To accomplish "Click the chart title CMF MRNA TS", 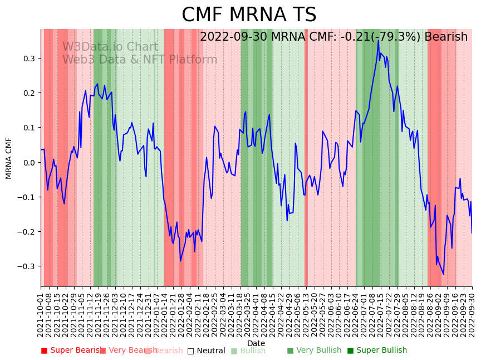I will [x=249, y=15].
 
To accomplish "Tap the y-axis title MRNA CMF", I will [x=9, y=158].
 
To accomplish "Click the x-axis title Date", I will [x=256, y=343].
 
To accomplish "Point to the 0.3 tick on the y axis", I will [x=29, y=59].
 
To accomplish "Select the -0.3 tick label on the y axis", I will [x=27, y=266].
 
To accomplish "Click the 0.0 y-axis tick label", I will [x=29, y=162].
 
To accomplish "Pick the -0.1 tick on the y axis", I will [x=27, y=197].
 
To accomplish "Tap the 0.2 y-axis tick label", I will [x=29, y=93].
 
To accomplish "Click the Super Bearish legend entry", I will [x=71, y=351].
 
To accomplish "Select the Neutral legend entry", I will [x=206, y=351].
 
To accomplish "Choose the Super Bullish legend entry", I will [x=377, y=351].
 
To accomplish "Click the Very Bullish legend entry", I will [x=315, y=351].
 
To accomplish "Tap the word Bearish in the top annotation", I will [x=446, y=37].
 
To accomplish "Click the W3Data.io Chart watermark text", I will [x=110, y=47].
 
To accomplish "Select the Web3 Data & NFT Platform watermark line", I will [x=140, y=60].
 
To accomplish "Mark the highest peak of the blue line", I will [x=378, y=40].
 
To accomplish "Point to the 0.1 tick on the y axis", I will [x=29, y=128].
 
